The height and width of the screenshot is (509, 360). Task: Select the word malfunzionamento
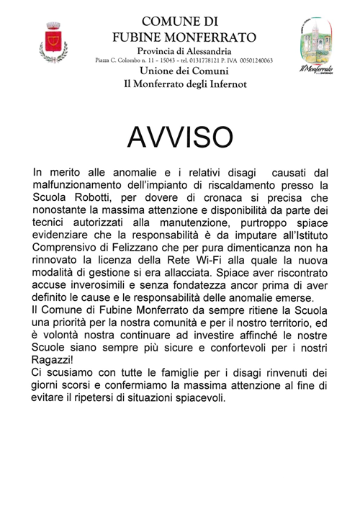coord(82,185)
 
